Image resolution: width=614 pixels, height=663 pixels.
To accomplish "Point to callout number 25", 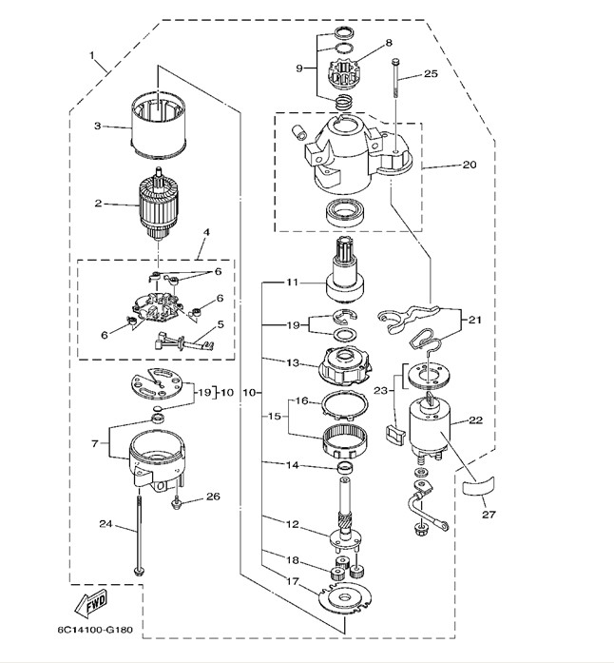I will tap(430, 72).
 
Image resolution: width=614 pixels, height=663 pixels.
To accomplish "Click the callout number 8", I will tap(388, 43).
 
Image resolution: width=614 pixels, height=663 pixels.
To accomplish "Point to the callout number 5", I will tap(222, 323).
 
